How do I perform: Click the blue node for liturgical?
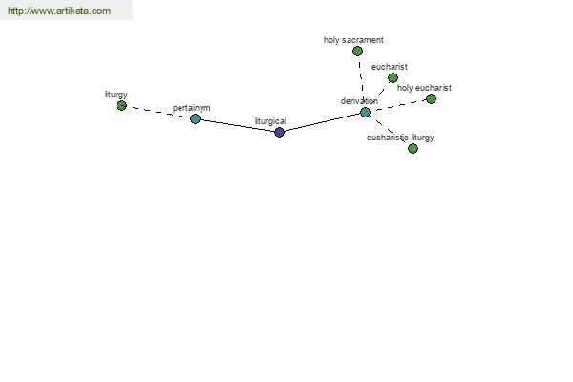coord(279,132)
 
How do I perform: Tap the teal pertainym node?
coord(195,118)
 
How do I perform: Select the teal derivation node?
coord(365,113)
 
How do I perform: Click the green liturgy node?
coord(121,106)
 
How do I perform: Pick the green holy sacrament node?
coord(357,52)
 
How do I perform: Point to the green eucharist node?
coord(393,78)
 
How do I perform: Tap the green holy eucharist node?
coord(432,98)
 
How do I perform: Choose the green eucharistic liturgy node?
coord(413,148)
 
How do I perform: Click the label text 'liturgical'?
coord(270,121)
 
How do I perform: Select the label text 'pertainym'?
coord(192,108)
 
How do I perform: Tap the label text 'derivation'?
coord(359,101)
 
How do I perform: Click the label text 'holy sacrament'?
coord(353,40)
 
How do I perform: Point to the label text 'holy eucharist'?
coord(424,88)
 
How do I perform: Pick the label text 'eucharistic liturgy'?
coord(400,138)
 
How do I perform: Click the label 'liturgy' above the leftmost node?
coord(117,95)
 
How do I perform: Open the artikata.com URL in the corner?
coord(59,11)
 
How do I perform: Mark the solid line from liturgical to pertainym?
coord(237,125)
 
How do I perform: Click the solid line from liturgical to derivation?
coord(322,122)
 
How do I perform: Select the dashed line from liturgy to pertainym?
coord(159,112)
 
